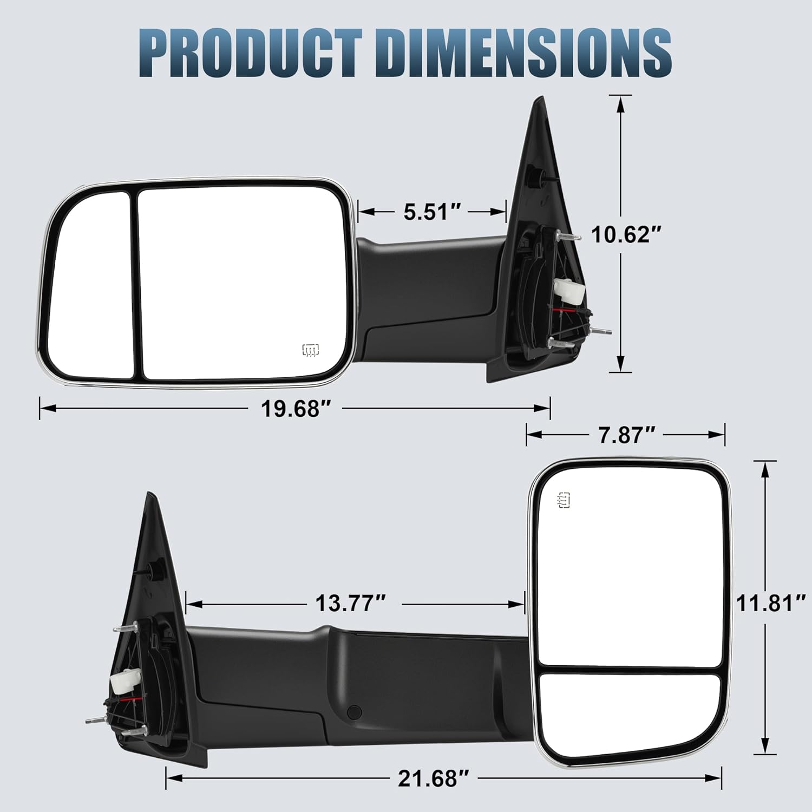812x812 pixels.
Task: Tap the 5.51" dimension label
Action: (432, 212)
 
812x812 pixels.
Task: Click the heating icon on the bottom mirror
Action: (563, 501)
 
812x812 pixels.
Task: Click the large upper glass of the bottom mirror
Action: (628, 568)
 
